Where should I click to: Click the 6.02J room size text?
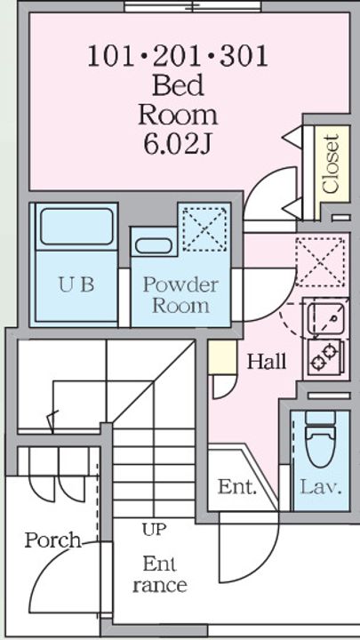pyautogui.click(x=178, y=144)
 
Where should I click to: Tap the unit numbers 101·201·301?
pyautogui.click(x=178, y=56)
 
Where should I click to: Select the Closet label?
pyautogui.click(x=330, y=164)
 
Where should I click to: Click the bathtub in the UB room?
pyautogui.click(x=76, y=227)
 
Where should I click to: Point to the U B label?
pyautogui.click(x=76, y=284)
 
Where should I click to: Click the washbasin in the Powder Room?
pyautogui.click(x=154, y=245)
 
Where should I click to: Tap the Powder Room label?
pyautogui.click(x=180, y=295)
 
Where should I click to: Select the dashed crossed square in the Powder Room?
pyautogui.click(x=204, y=229)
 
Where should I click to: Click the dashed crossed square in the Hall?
pyautogui.click(x=320, y=262)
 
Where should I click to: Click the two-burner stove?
pyautogui.click(x=326, y=356)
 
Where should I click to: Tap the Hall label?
pyautogui.click(x=267, y=362)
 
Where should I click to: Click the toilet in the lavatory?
pyautogui.click(x=320, y=439)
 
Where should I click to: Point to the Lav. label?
pyautogui.click(x=321, y=486)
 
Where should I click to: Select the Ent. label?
pyautogui.click(x=237, y=486)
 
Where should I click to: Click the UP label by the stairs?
pyautogui.click(x=155, y=530)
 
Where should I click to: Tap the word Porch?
pyautogui.click(x=53, y=540)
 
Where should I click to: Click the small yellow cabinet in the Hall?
pyautogui.click(x=222, y=357)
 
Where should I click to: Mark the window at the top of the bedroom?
pyautogui.click(x=192, y=7)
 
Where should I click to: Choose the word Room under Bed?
pyautogui.click(x=178, y=116)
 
